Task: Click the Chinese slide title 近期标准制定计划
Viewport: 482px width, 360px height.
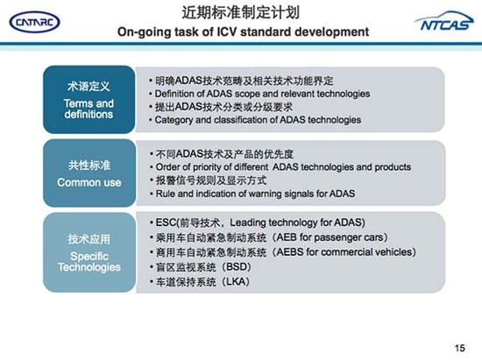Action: tap(242, 12)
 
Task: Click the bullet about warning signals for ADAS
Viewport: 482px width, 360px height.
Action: tap(254, 193)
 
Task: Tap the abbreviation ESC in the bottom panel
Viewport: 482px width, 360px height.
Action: tap(164, 222)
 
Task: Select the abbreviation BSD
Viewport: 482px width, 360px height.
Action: tap(236, 267)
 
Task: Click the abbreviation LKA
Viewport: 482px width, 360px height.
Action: tap(236, 282)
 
